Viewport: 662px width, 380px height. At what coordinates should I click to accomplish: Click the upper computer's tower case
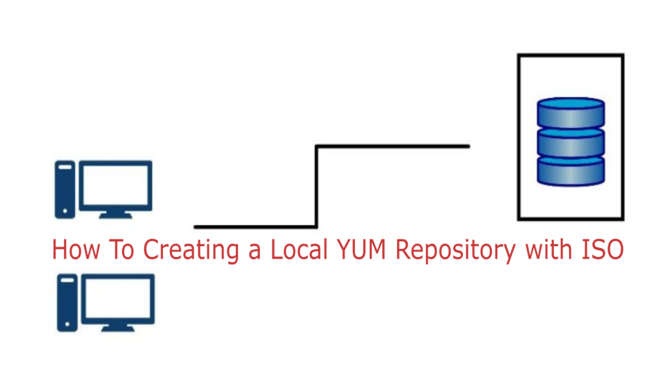(x=64, y=189)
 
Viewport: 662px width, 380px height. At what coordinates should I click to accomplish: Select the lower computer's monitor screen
(x=118, y=298)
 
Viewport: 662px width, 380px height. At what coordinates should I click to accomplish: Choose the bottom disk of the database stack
(x=570, y=170)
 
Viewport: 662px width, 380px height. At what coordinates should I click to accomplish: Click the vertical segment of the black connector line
(x=316, y=186)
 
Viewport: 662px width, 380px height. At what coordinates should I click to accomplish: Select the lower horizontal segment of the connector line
(x=255, y=227)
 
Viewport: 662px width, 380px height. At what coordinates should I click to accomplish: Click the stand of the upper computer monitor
(x=116, y=213)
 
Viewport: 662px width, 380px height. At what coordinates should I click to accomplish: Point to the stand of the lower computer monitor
(x=118, y=327)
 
